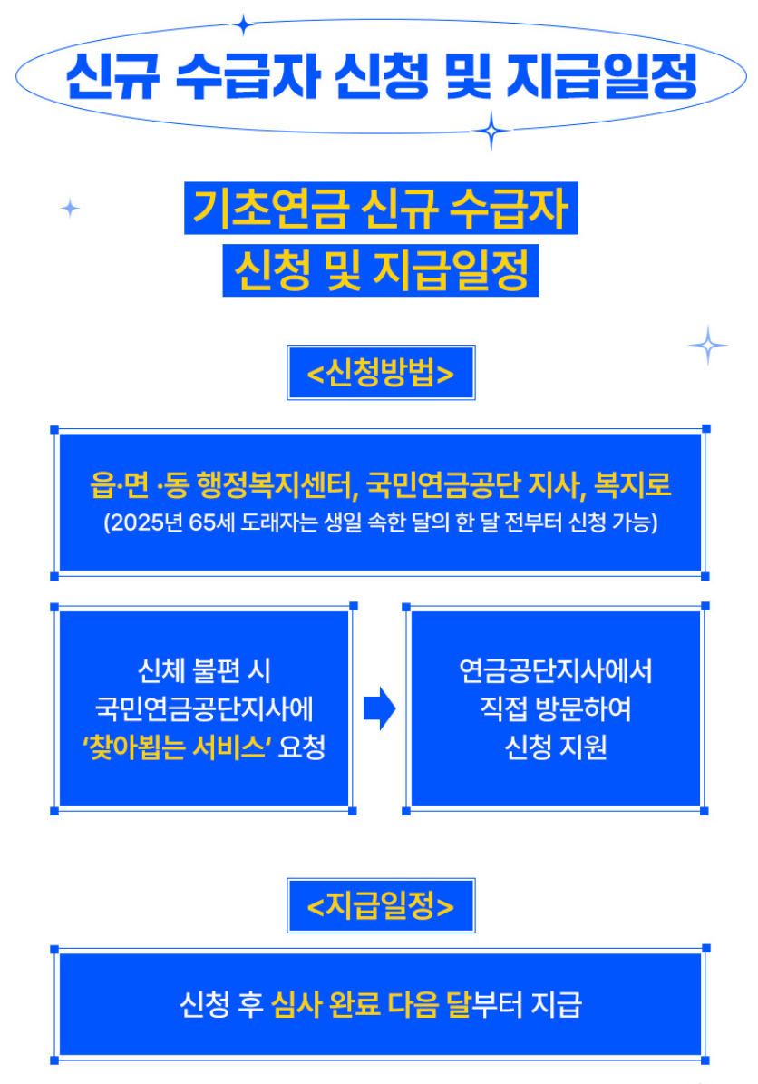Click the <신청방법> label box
click(381, 373)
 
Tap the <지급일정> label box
click(381, 905)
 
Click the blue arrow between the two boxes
click(379, 708)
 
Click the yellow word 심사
click(296, 1005)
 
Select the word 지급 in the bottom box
click(556, 1005)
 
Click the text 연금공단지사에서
click(556, 671)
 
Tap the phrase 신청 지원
click(556, 748)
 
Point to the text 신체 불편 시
click(204, 671)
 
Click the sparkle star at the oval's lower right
click(491, 132)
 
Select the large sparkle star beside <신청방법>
click(707, 345)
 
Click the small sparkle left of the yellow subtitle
click(70, 209)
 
